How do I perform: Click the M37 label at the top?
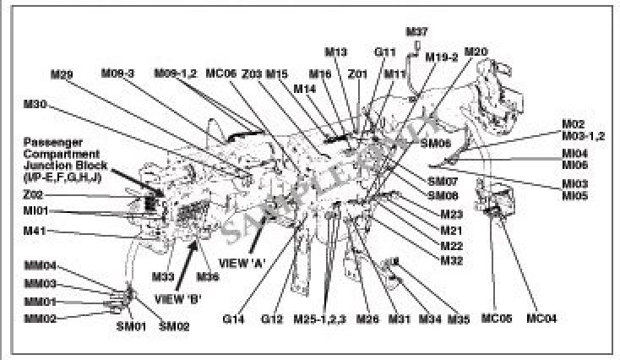(x=417, y=33)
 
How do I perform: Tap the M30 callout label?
(x=36, y=105)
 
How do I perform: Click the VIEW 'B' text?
(x=180, y=297)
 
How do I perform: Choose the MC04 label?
(x=541, y=319)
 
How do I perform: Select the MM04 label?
(x=40, y=265)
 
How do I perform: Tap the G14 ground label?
(x=233, y=319)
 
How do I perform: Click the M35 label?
(x=458, y=319)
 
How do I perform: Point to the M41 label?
(x=35, y=231)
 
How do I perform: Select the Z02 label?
(x=34, y=194)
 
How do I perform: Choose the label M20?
(x=476, y=52)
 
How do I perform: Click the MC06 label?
(x=220, y=74)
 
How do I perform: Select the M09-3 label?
(x=118, y=74)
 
